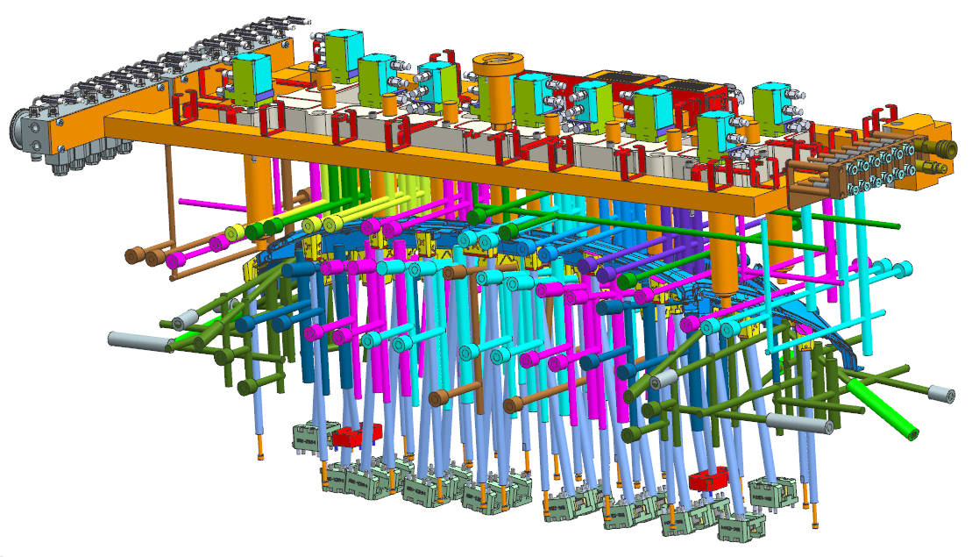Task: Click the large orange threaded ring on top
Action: [497, 64]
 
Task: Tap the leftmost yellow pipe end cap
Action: [234, 232]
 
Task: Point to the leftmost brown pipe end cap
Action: [134, 257]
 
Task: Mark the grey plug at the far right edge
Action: [940, 396]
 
